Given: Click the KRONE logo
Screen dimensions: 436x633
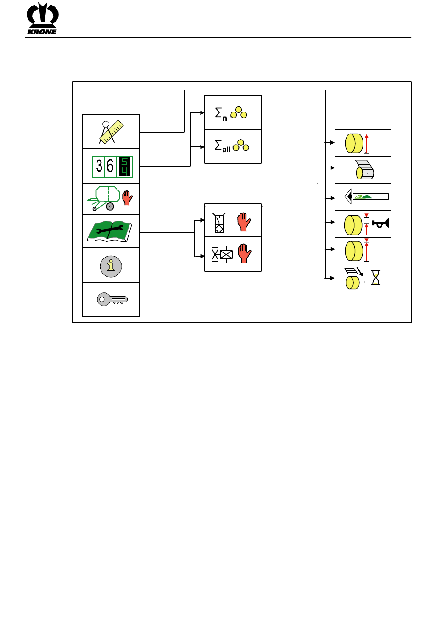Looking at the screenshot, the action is pos(42,18).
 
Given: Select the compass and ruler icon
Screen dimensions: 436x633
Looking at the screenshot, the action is pos(111,132).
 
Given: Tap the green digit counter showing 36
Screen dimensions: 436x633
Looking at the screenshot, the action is pos(112,167).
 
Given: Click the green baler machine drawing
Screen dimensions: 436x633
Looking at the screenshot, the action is pos(103,198).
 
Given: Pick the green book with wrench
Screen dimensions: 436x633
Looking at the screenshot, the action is pos(109,231).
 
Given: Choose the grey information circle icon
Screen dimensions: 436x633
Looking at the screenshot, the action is pos(111,266).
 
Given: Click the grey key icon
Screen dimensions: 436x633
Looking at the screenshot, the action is pos(112,299).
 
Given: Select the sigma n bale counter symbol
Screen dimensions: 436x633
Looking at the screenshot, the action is pos(231,113).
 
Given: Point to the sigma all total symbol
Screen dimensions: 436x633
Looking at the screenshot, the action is pos(232,146).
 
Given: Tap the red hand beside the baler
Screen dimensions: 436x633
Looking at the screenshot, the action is pos(127,198).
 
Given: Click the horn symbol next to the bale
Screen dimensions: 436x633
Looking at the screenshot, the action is pos(380,223).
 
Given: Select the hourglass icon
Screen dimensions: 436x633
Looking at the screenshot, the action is pos(375,277).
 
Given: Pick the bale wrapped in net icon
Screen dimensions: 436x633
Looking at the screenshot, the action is pos(365,169).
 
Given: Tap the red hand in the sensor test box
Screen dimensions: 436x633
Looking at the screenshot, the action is pos(244,222).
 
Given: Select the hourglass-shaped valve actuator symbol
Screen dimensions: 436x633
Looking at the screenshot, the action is pos(222,255).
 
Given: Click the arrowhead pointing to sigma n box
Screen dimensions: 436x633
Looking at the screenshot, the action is pos(202,113).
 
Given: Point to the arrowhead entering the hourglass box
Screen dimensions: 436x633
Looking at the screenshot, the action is pos(332,278).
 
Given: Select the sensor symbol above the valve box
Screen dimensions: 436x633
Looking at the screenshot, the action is pos(219,223).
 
